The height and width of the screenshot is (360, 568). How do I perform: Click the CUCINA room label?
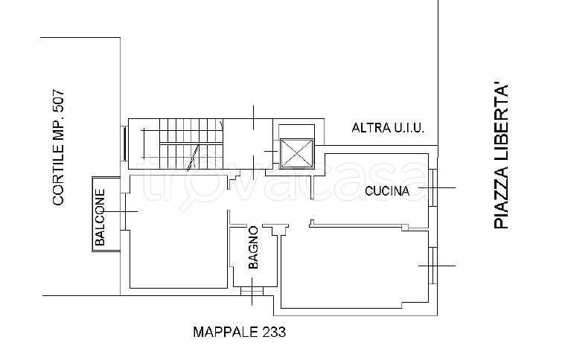[387, 191]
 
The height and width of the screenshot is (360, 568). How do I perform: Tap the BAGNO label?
[253, 247]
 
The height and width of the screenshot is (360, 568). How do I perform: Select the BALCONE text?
[100, 216]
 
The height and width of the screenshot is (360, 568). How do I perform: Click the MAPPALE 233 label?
[240, 332]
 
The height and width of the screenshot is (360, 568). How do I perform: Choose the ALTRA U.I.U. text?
[388, 129]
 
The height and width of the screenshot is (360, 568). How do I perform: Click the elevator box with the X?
[297, 155]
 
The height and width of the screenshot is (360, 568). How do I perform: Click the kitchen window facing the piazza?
[434, 188]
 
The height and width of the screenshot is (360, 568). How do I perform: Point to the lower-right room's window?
[434, 265]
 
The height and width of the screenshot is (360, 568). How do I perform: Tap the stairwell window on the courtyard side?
[124, 144]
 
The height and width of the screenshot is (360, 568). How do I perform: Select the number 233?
[273, 332]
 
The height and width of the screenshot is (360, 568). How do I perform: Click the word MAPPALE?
[225, 332]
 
